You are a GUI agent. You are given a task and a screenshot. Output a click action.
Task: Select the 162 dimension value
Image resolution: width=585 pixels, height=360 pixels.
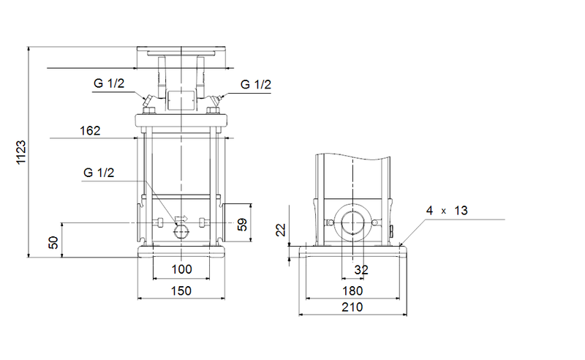pos(90,131)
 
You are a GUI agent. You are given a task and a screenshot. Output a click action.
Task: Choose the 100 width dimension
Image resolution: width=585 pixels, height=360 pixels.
pos(181,270)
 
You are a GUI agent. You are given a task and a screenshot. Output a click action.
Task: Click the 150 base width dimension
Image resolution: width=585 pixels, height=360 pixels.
pos(181,291)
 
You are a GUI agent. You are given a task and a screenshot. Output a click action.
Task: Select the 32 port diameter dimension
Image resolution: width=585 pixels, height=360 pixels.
pos(361,270)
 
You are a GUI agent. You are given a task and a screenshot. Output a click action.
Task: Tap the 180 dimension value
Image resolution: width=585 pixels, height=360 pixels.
pos(352,291)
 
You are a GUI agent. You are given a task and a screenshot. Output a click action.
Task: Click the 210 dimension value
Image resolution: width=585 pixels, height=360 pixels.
pos(352,309)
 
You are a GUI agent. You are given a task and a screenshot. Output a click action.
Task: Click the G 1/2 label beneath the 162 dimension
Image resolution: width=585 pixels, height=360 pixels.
pos(99,173)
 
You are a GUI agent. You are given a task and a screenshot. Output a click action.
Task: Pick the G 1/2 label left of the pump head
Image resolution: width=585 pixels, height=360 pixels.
pos(109,84)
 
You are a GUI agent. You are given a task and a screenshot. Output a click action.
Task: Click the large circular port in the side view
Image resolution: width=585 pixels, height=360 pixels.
pos(353,223)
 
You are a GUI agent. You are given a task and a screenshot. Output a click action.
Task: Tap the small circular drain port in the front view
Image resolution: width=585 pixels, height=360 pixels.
pos(181,231)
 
